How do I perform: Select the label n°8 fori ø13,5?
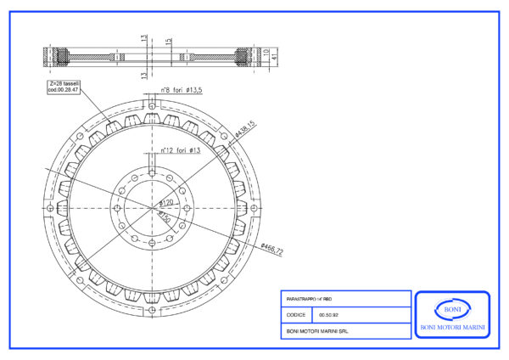(x=182, y=88)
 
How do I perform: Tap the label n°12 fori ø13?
(x=181, y=150)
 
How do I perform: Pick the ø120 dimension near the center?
(x=167, y=203)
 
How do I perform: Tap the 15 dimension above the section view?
(x=169, y=41)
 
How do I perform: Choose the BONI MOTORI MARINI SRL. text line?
(x=318, y=331)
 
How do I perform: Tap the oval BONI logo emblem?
(x=451, y=308)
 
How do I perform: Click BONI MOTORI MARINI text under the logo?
(x=451, y=327)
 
